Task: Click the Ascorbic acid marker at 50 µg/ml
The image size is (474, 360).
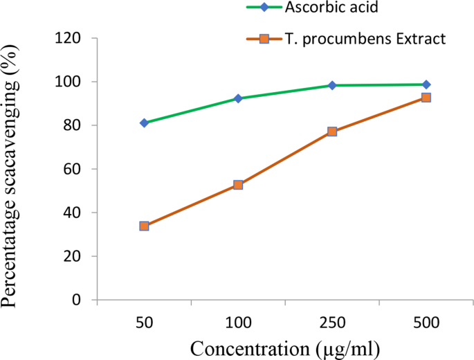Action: tap(144, 123)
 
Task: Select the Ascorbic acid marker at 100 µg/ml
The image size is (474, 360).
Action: tap(238, 98)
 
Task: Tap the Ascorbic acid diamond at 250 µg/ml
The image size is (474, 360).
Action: tap(332, 85)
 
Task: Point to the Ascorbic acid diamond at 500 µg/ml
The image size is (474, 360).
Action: tap(426, 84)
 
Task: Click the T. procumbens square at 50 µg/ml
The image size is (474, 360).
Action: tap(144, 226)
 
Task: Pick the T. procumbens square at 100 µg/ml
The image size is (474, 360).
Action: tap(238, 185)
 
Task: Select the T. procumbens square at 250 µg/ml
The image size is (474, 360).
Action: tap(332, 131)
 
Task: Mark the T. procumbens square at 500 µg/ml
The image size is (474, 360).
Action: tap(426, 98)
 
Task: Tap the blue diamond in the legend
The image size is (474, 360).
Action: tap(264, 8)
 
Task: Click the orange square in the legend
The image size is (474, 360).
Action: tap(264, 39)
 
